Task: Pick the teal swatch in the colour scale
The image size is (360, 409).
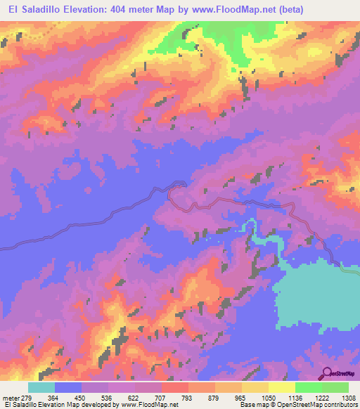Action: coord(41,387)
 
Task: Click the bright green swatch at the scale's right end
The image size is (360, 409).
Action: coord(335,387)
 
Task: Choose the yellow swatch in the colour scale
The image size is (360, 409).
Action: coord(281,387)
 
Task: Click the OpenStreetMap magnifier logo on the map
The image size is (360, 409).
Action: coord(327,373)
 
